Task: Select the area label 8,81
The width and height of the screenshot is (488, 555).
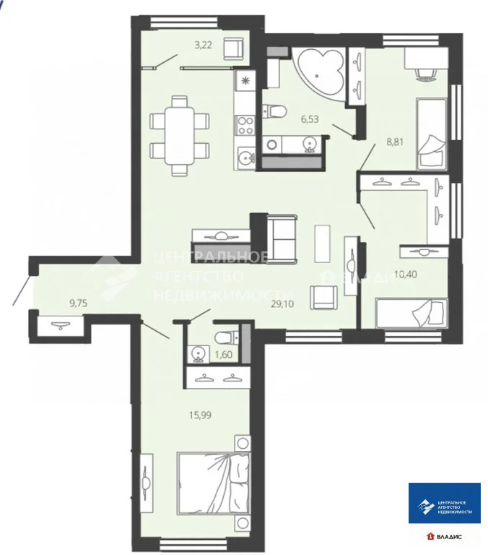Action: coord(396,142)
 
